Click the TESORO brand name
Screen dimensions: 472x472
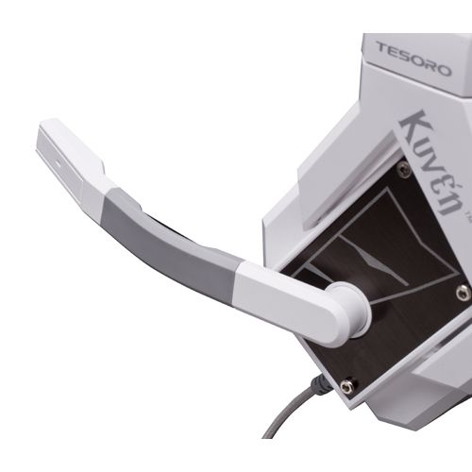pos(413,59)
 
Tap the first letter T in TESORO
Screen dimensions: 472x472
pos(382,48)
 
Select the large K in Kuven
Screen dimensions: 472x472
pos(413,126)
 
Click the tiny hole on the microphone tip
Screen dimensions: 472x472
pos(59,163)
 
